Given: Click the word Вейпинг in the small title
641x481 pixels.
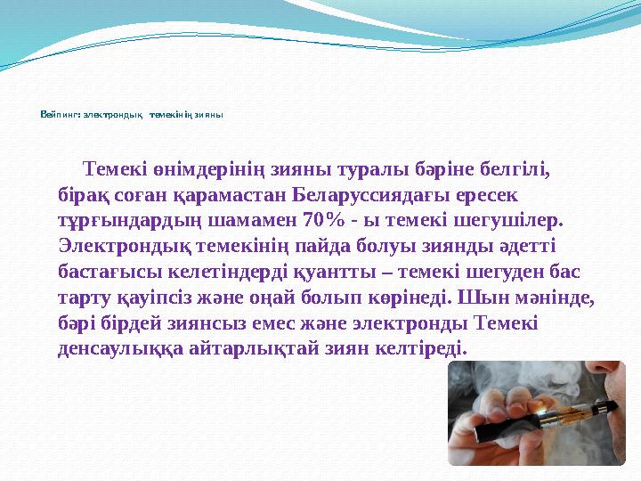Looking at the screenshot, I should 58,115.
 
